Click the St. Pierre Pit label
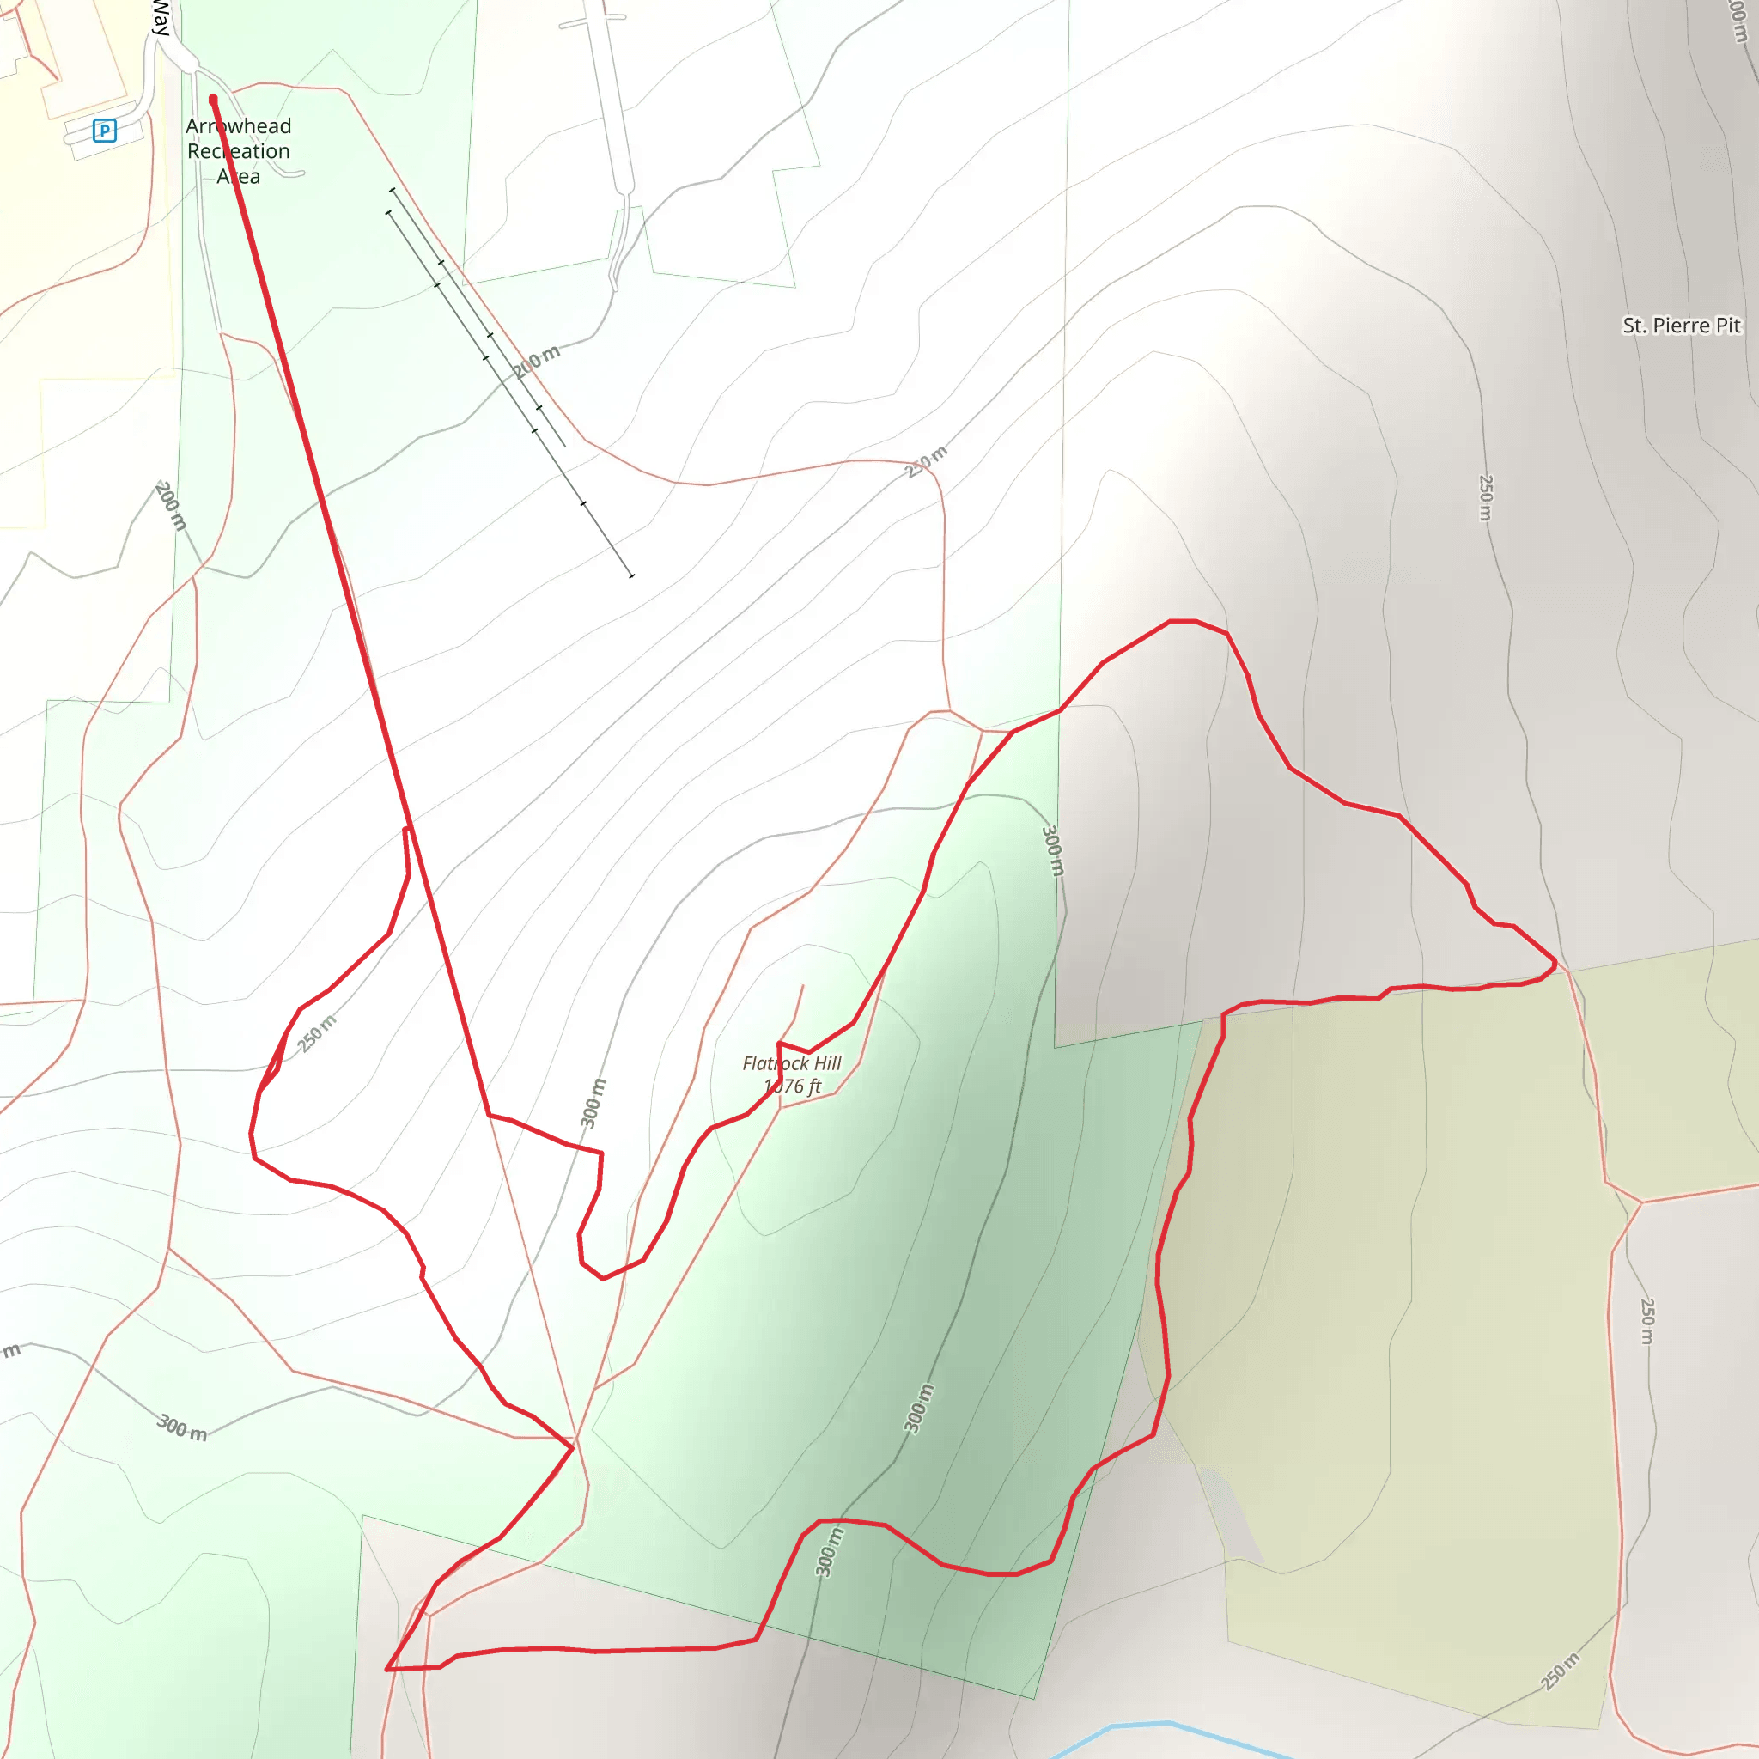click(x=1681, y=326)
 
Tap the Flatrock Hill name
click(x=791, y=1063)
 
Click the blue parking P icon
click(x=105, y=131)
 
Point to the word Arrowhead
click(x=239, y=126)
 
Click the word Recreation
click(x=239, y=151)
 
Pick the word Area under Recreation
click(x=239, y=177)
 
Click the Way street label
click(x=161, y=18)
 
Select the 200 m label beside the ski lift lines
click(x=535, y=362)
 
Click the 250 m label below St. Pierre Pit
click(x=1486, y=497)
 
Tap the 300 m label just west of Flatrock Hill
click(x=593, y=1103)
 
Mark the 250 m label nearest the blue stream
click(x=1561, y=1671)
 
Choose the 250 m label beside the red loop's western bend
click(x=317, y=1033)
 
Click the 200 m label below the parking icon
click(x=170, y=506)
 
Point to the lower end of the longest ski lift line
click(x=632, y=575)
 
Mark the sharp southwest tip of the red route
click(x=387, y=1670)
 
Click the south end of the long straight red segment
click(x=489, y=1114)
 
